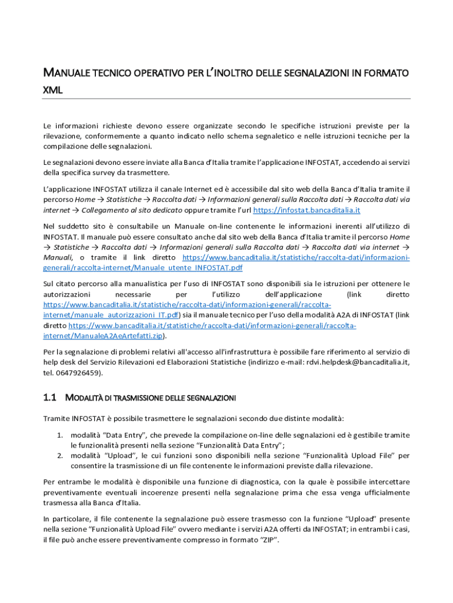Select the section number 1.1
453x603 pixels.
coord(49,398)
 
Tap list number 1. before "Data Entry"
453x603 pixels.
coord(60,435)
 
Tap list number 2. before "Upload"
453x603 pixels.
coord(60,455)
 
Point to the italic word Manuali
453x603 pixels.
coord(58,257)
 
